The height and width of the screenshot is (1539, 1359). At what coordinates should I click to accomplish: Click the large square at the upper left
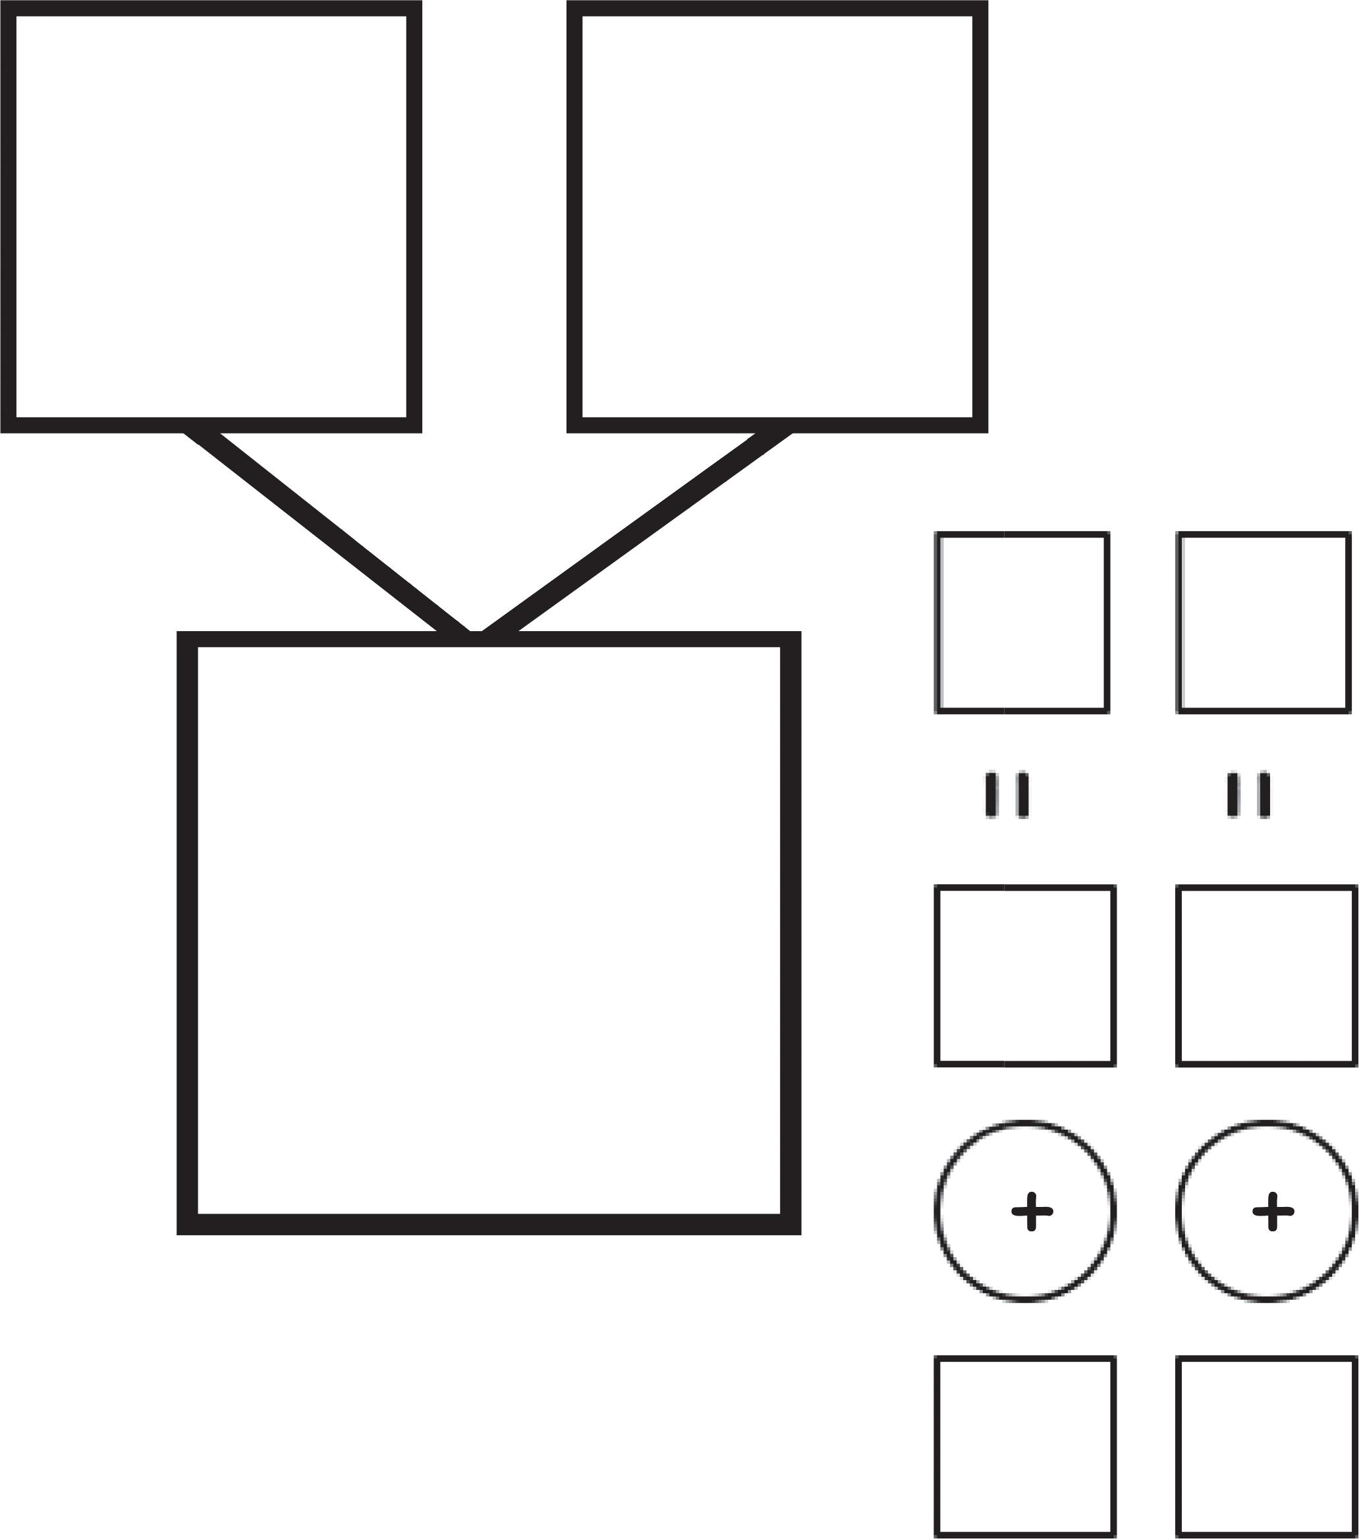click(x=211, y=216)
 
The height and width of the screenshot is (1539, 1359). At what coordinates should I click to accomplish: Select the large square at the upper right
click(x=777, y=216)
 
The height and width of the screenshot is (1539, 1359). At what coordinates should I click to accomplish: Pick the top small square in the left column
click(x=1022, y=622)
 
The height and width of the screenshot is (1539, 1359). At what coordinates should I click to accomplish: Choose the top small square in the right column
click(x=1263, y=622)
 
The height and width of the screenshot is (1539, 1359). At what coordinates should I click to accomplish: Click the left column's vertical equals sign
click(x=1007, y=795)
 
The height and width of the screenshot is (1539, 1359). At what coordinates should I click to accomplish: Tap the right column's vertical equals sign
click(x=1248, y=795)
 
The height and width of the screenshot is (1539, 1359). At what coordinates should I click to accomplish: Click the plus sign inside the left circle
click(x=1032, y=1212)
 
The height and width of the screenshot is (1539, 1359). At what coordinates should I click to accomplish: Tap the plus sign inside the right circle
click(x=1273, y=1212)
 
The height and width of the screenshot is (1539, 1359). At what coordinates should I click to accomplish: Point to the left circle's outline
click(x=937, y=1212)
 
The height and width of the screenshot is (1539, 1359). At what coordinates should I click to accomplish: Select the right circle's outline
click(x=1179, y=1212)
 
